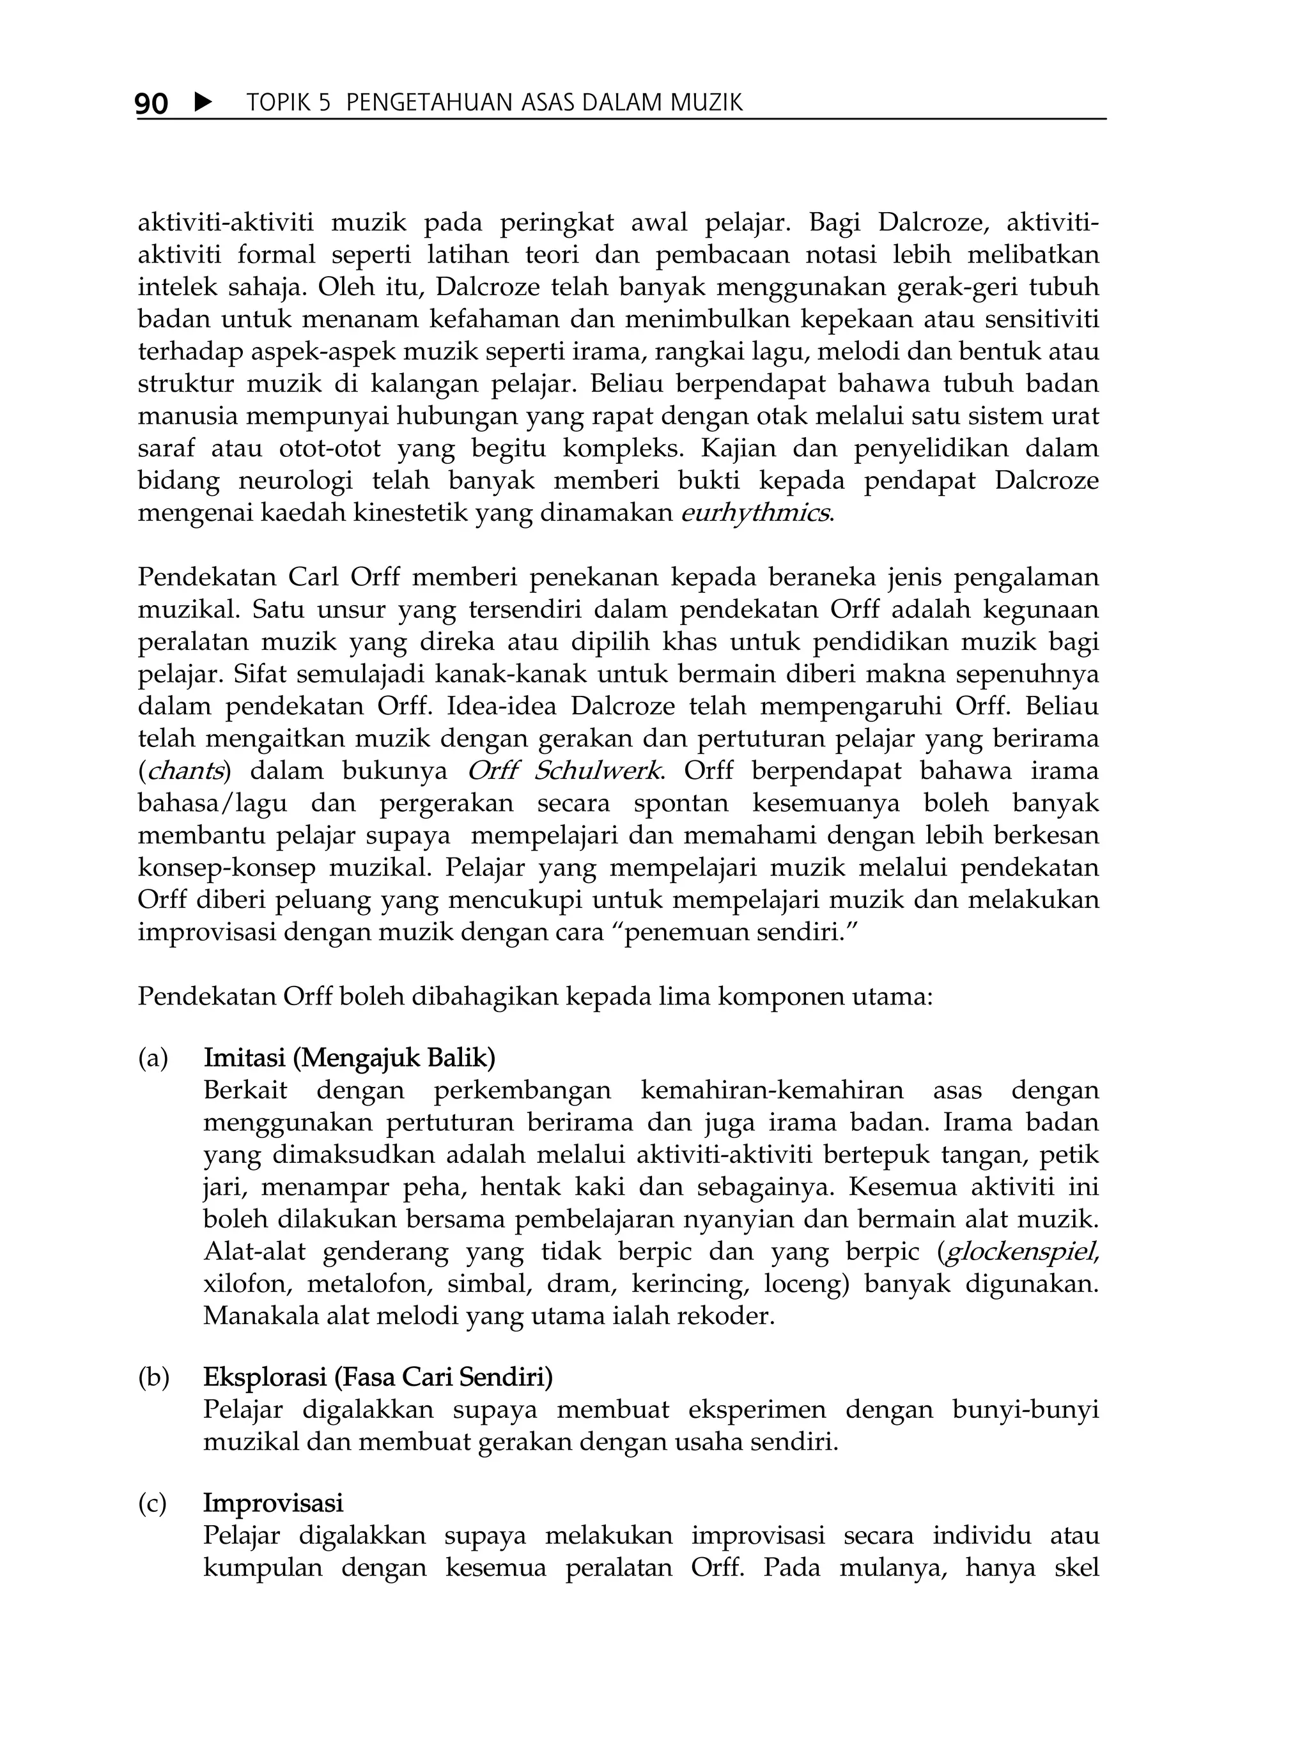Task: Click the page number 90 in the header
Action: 151,104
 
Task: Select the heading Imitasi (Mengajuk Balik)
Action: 349,1058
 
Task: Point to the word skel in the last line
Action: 1076,1568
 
